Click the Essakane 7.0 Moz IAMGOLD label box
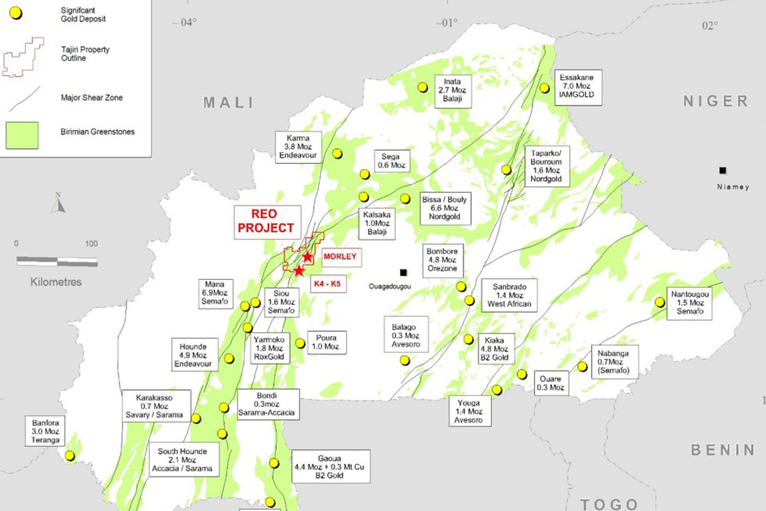(x=577, y=86)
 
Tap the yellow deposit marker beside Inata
(x=423, y=87)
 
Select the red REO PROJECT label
(x=267, y=221)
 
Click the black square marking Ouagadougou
(x=403, y=273)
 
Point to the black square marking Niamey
(x=722, y=170)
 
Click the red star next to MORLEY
(x=307, y=257)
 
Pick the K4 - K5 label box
(x=327, y=284)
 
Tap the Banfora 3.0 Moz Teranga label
(x=45, y=431)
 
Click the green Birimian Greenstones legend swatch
(x=22, y=135)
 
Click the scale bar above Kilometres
(x=57, y=261)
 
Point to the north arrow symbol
(x=59, y=203)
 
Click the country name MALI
(x=229, y=103)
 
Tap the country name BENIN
(x=722, y=450)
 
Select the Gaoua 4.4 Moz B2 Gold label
(x=330, y=467)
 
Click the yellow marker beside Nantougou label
(x=660, y=302)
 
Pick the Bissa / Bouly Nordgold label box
(x=445, y=208)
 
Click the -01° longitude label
(x=447, y=23)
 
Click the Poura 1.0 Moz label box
(x=326, y=342)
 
